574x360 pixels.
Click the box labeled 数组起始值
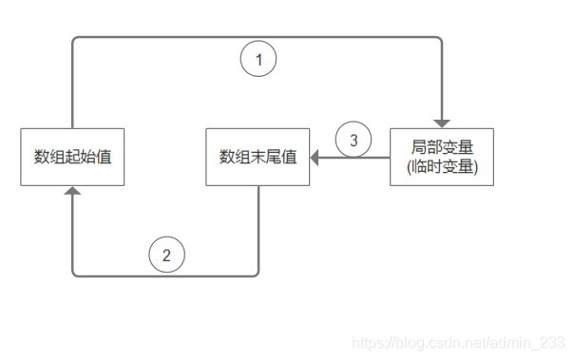[72, 157]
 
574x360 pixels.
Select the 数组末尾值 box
[258, 157]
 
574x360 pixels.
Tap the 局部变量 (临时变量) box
[442, 157]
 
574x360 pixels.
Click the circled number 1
[258, 61]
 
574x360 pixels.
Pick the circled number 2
[166, 255]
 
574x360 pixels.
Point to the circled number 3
[354, 142]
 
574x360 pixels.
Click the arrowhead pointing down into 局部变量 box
[442, 123]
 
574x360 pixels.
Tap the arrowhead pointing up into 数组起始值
[72, 191]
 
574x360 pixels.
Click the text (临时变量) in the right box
[442, 166]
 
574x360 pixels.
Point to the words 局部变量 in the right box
[442, 148]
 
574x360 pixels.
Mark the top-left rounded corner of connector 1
[75, 39]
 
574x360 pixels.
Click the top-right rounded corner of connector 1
[439, 39]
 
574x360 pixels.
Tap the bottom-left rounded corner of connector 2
[75, 274]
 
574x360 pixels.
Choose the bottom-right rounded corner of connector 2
[256, 274]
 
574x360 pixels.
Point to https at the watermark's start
[366, 343]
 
